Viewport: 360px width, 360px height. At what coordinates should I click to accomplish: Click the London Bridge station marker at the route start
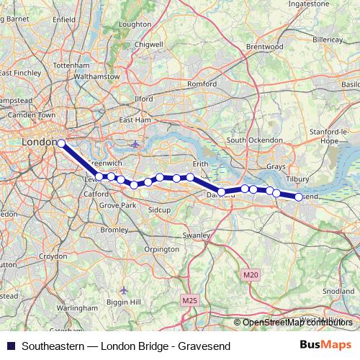pos(61,143)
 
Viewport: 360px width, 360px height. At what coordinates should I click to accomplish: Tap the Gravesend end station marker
pos(299,197)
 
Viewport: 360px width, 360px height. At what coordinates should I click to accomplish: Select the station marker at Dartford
pos(222,192)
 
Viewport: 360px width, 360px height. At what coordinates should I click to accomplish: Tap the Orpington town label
pos(161,249)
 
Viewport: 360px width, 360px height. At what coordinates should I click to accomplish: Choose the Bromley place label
pos(114,230)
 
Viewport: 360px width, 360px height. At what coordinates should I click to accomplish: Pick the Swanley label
pos(196,235)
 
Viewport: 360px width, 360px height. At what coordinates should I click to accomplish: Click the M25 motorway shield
pos(189,300)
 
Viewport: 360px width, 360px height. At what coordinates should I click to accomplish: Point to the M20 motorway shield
pos(250,275)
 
